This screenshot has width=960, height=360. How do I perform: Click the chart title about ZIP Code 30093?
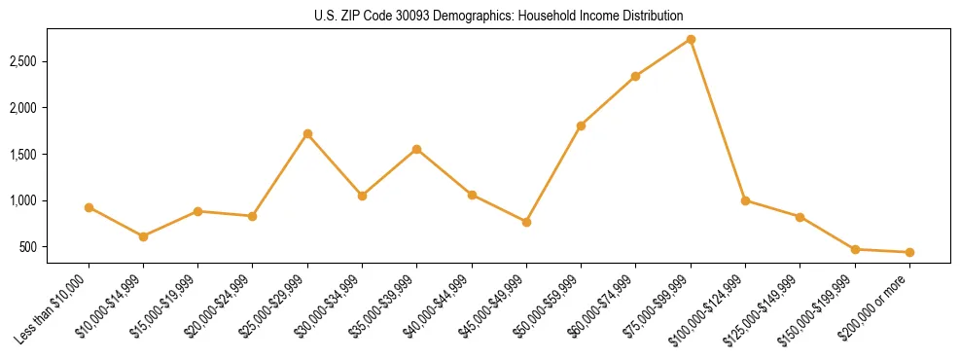coord(499,16)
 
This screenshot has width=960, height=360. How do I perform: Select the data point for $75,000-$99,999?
coord(691,39)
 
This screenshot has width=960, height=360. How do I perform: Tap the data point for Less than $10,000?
coord(89,207)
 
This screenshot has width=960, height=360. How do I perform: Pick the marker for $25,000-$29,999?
coord(307,133)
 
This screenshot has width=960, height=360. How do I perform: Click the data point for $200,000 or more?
coord(909,252)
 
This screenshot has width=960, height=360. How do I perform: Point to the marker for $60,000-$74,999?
coord(635,76)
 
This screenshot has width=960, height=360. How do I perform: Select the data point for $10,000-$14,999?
coord(143,236)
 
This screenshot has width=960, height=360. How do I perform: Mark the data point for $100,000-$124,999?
coord(745,200)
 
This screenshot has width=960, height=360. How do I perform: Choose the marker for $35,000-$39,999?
coord(416,149)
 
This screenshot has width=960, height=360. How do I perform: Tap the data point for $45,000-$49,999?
coord(526,222)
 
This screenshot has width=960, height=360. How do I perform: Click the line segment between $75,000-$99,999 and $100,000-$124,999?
coord(718,120)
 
